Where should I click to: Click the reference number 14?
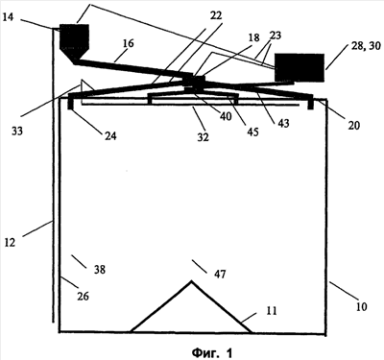[8, 17]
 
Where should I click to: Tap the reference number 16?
[128, 43]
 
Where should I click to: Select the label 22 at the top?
[216, 15]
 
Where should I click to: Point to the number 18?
[253, 37]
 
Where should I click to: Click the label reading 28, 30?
[366, 46]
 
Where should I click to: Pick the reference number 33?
[17, 131]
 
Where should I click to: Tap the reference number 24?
[110, 136]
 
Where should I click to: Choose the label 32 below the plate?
[203, 137]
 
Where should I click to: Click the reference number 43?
[283, 123]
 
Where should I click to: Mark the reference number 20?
[354, 126]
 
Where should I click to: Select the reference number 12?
[10, 242]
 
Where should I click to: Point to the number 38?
[99, 270]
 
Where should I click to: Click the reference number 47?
[220, 274]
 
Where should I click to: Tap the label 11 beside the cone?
[272, 311]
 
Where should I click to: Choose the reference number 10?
[361, 307]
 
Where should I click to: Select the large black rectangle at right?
[300, 67]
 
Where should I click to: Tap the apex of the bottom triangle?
[191, 281]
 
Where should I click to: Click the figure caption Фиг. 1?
[212, 352]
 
